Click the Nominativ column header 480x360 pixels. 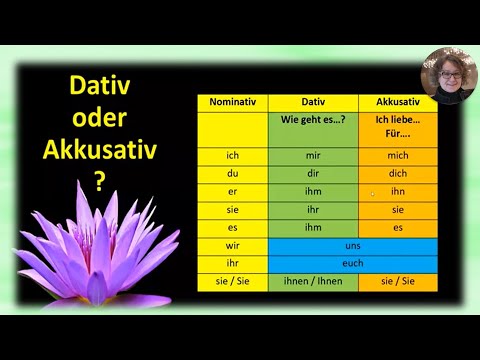pyautogui.click(x=232, y=102)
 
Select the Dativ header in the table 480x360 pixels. pyautogui.click(x=313, y=102)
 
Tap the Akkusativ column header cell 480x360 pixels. pyautogui.click(x=398, y=102)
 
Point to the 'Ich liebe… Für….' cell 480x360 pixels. pyautogui.click(x=398, y=128)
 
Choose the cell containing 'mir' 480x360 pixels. pyautogui.click(x=313, y=156)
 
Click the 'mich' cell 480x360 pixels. pyautogui.click(x=398, y=156)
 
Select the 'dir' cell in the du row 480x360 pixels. pyautogui.click(x=313, y=174)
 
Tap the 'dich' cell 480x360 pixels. pyautogui.click(x=398, y=174)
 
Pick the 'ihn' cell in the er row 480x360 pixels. pyautogui.click(x=398, y=192)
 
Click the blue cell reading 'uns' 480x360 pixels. pyautogui.click(x=354, y=246)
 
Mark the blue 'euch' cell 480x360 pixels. pyautogui.click(x=354, y=264)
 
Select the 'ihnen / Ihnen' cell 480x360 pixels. pyautogui.click(x=313, y=282)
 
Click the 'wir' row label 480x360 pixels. pyautogui.click(x=232, y=246)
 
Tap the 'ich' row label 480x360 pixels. pyautogui.click(x=232, y=156)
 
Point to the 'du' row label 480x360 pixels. pyautogui.click(x=232, y=174)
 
